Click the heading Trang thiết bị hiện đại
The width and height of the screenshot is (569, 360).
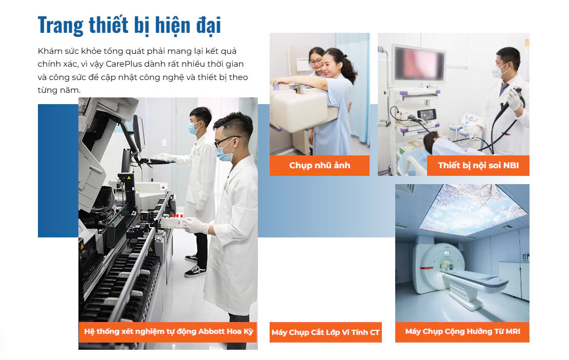(129, 25)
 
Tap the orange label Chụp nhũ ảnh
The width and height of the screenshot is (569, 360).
(319, 165)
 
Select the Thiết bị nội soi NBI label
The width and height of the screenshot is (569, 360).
(478, 165)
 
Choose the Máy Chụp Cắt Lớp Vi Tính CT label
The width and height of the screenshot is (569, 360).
(326, 332)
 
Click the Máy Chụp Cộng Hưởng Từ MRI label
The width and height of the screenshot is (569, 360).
(462, 331)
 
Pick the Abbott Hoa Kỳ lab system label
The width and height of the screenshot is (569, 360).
(168, 331)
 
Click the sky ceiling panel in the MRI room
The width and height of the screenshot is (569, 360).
(461, 208)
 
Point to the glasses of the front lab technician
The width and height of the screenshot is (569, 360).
(225, 141)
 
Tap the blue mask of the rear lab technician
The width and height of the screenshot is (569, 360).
(194, 129)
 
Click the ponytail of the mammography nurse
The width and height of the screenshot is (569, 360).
(351, 69)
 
